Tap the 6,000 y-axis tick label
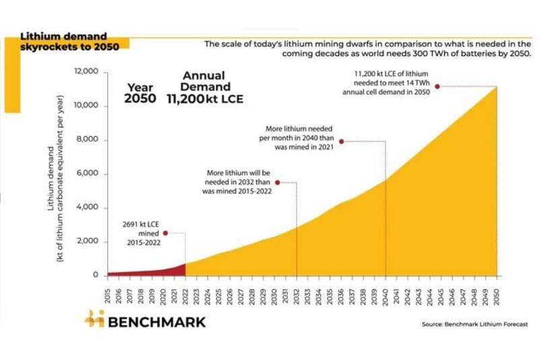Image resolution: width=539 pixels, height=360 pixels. (87, 174)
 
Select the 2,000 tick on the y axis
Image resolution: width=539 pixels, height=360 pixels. (87, 241)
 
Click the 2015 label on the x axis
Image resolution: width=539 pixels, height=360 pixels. (108, 294)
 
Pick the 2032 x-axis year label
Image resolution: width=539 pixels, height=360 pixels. (296, 294)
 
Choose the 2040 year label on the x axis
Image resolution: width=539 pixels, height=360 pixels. (385, 294)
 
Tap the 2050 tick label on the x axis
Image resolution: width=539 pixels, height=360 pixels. (497, 294)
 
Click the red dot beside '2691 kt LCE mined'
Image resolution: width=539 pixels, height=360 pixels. (165, 233)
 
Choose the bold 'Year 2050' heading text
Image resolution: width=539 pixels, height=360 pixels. (140, 93)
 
